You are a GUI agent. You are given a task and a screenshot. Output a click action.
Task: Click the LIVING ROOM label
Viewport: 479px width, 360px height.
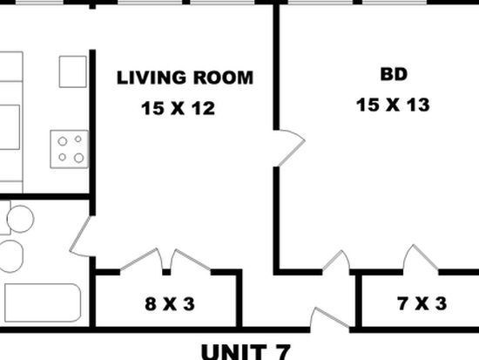(x=185, y=78)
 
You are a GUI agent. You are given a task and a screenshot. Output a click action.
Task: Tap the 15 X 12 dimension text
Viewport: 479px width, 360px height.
(x=178, y=108)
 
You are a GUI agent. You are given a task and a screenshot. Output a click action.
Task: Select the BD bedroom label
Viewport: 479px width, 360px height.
(x=394, y=74)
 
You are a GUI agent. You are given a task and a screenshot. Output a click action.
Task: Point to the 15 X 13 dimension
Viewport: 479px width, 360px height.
(x=393, y=105)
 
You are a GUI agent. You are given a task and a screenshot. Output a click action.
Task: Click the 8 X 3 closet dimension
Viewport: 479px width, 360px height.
(x=170, y=304)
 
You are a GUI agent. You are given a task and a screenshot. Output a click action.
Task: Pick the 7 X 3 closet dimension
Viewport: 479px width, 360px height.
(x=422, y=303)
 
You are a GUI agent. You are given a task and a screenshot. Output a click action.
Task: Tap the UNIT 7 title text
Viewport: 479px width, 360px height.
(x=246, y=352)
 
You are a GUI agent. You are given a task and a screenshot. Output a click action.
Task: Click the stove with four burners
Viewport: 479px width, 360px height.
(x=70, y=149)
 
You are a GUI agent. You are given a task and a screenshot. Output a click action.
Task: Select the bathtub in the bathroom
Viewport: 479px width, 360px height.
(x=43, y=302)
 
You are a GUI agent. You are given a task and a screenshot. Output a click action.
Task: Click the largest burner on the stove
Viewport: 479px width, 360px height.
(x=78, y=158)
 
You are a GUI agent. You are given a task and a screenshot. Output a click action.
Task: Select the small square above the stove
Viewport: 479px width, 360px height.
(x=72, y=71)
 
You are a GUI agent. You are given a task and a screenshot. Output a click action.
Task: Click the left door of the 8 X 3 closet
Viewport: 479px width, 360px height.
(x=139, y=260)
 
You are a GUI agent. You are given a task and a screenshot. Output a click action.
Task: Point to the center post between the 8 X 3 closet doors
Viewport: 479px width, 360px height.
(x=166, y=272)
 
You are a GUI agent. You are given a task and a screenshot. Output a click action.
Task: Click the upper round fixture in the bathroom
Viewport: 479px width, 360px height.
(x=21, y=219)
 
